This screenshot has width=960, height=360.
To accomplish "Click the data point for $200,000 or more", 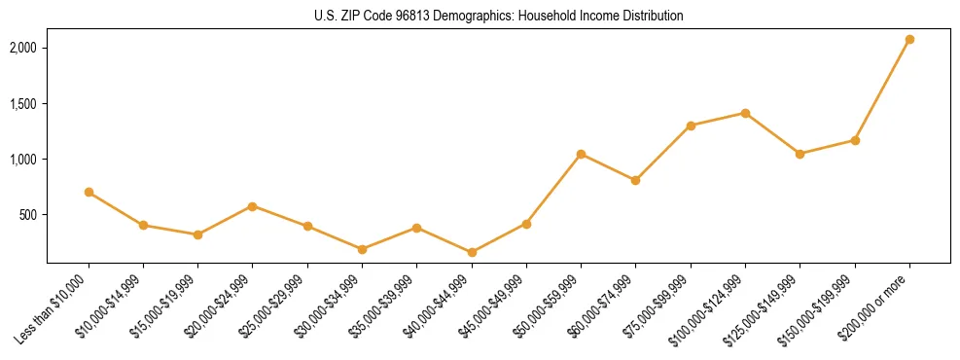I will (x=909, y=40).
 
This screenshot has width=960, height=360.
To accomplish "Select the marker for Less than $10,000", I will (x=89, y=193).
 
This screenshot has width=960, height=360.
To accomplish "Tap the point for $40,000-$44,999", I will (x=472, y=253).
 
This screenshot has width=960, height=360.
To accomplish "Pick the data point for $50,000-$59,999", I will (x=581, y=154).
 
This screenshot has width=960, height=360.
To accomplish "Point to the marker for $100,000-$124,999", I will (x=745, y=114).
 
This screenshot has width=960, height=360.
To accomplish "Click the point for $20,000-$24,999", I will (x=253, y=206).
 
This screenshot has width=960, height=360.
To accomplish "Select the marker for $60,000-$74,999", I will (x=635, y=180).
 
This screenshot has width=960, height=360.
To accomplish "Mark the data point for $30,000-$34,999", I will (x=363, y=249).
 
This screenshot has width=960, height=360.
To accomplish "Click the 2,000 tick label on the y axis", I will (x=22, y=48).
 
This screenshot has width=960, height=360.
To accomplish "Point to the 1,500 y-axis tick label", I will (x=22, y=104).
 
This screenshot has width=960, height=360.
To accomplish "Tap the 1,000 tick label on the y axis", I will (x=22, y=160).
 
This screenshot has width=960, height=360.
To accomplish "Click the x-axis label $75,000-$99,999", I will (x=662, y=303).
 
